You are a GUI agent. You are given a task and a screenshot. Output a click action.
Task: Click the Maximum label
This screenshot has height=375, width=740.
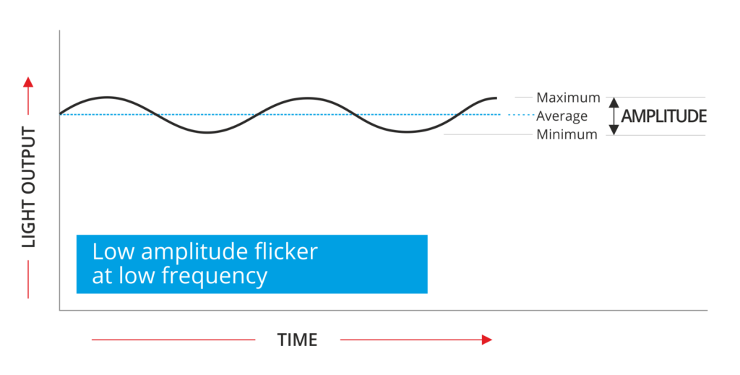(568, 98)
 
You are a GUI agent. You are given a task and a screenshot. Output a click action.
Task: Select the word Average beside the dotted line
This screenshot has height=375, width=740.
(562, 116)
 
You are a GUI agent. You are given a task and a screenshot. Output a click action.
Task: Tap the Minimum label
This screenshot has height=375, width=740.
(567, 134)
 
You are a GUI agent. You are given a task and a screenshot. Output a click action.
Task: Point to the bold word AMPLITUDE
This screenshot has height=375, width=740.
(663, 116)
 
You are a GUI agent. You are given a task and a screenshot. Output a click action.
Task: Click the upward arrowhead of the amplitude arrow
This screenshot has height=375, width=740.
(614, 103)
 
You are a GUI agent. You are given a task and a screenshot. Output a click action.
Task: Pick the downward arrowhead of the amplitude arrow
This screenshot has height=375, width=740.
(614, 130)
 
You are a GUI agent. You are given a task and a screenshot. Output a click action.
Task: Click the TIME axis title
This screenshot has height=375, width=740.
(297, 340)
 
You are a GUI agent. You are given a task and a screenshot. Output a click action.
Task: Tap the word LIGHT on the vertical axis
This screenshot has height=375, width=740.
(28, 226)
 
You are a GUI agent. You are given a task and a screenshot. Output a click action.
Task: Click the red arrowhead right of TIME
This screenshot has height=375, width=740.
(486, 340)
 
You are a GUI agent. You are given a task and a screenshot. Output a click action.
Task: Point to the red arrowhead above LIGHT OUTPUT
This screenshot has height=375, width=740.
(28, 82)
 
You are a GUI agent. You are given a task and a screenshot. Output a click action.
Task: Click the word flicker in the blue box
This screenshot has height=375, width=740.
(291, 251)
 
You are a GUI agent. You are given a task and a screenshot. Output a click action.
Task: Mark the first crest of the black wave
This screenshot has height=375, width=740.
(107, 97)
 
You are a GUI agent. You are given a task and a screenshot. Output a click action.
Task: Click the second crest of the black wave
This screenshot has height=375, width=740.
(307, 98)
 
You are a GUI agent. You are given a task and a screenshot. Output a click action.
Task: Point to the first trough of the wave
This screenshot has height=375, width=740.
(207, 132)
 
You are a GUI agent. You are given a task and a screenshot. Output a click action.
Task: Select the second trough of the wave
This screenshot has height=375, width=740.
(408, 132)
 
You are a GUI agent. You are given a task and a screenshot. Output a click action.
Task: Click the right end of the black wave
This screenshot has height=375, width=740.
(496, 98)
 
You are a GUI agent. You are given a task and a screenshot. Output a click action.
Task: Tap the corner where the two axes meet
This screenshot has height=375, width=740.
(59, 310)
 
